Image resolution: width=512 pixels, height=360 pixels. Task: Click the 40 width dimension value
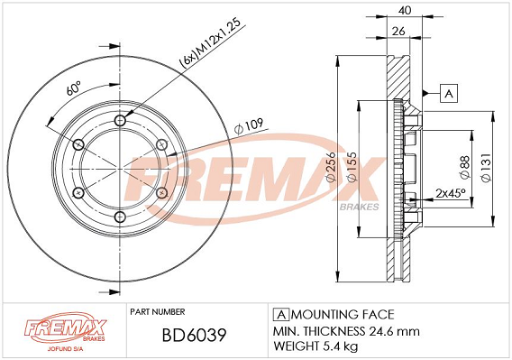[x=405, y=11]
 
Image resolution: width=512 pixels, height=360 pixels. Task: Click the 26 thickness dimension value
[x=398, y=31]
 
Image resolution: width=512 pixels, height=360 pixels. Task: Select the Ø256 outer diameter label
[x=331, y=166]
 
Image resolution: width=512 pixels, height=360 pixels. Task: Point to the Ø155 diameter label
[x=352, y=166]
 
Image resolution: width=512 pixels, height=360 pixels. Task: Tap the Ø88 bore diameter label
[x=464, y=167]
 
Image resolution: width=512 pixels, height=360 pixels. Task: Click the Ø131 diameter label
[x=486, y=168]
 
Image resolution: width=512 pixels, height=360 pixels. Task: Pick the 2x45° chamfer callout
[x=451, y=193]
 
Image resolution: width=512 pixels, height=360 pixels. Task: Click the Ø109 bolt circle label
[x=249, y=126]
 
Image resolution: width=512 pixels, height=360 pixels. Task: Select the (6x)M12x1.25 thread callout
[x=211, y=42]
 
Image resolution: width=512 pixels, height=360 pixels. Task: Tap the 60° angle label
[x=74, y=88]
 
